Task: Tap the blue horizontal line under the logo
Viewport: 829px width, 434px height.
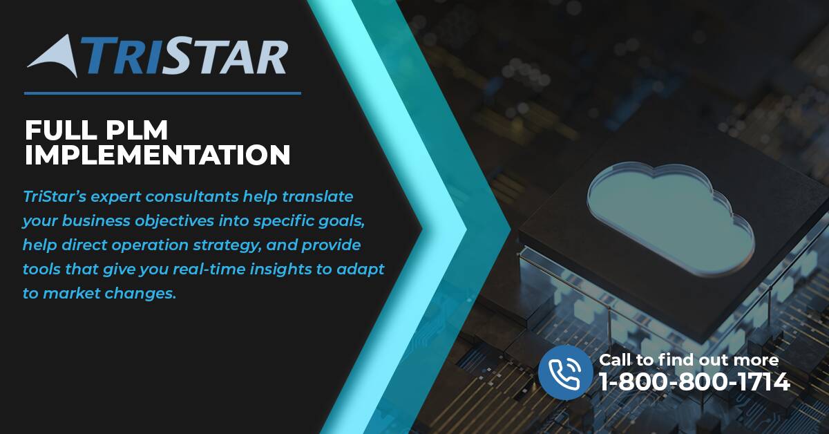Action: [162, 93]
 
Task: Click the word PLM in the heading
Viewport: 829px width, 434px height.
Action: [136, 130]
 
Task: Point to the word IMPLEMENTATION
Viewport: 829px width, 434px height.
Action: [158, 155]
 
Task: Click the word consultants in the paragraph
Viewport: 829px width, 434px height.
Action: [192, 197]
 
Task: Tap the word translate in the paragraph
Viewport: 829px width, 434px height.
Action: [318, 197]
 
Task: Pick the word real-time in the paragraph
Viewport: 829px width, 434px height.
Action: [209, 270]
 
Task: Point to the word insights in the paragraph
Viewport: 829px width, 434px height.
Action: [281, 270]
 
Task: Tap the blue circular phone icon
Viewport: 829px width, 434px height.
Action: [566, 372]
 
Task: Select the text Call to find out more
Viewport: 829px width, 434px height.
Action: [689, 360]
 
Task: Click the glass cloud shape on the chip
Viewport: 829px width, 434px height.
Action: [671, 218]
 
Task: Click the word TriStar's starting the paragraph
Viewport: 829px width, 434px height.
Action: [55, 197]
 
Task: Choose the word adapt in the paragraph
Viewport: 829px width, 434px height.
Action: [360, 270]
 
